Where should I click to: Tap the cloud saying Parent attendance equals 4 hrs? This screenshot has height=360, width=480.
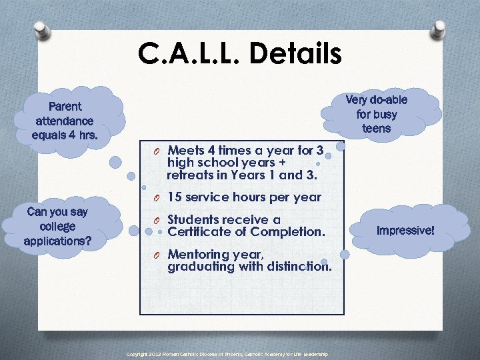[65, 121]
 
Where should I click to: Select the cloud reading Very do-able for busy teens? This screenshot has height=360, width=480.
[376, 113]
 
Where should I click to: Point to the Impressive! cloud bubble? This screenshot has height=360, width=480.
[405, 231]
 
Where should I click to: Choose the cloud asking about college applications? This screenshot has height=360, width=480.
[57, 226]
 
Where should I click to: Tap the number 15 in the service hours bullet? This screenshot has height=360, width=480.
[175, 197]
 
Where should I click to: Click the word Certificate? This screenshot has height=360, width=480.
[199, 232]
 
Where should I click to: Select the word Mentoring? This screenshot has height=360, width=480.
[197, 254]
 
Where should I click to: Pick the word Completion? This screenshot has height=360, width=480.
[291, 232]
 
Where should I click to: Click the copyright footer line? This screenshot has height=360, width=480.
[227, 354]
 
